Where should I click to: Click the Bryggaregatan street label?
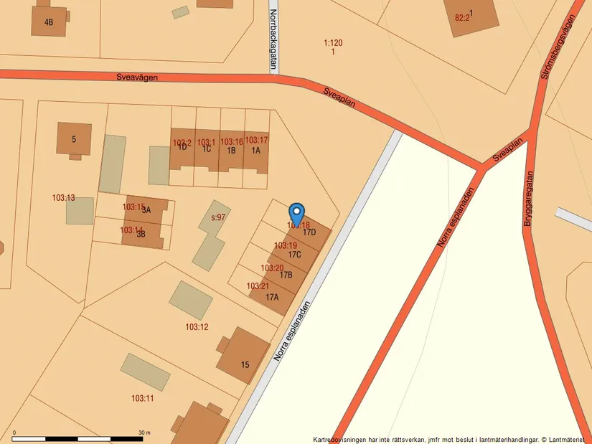[529, 199]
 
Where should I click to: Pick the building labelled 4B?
[49, 22]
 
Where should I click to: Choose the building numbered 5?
[73, 139]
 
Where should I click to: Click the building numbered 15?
[245, 364]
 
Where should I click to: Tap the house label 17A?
[272, 297]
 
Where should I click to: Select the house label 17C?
[294, 255]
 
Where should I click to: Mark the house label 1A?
[256, 151]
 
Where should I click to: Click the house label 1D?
[182, 148]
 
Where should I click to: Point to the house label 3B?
[141, 234]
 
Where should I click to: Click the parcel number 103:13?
[63, 197]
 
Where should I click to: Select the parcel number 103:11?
[142, 398]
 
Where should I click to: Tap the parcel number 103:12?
[197, 327]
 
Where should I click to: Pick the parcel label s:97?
[218, 217]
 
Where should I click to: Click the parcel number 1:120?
[333, 43]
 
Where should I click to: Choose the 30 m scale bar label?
[144, 433]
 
